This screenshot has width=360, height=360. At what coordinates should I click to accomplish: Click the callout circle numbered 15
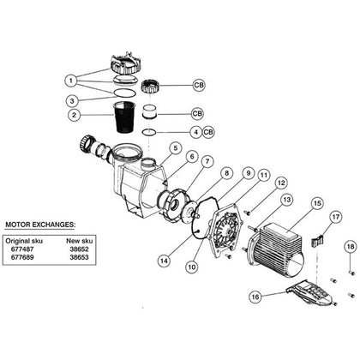(x=317, y=204)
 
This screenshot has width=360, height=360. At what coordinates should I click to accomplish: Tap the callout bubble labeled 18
(x=351, y=246)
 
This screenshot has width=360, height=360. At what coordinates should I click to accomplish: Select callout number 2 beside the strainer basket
(x=75, y=115)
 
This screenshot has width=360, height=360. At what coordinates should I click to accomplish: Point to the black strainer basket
(x=124, y=117)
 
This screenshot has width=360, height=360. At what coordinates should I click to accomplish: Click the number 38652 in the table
(x=80, y=249)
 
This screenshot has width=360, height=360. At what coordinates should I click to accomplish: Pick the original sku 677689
(x=22, y=257)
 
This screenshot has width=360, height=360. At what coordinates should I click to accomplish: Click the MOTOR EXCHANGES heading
(x=40, y=225)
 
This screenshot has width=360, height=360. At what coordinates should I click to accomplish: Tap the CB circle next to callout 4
(x=208, y=132)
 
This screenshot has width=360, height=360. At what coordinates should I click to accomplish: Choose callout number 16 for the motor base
(x=255, y=297)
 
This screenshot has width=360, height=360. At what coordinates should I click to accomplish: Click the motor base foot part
(x=311, y=292)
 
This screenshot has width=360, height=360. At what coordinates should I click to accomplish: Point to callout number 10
(x=192, y=267)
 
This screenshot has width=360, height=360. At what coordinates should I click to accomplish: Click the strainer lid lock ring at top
(x=123, y=66)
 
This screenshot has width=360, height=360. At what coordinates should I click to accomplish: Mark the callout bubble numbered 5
(x=175, y=148)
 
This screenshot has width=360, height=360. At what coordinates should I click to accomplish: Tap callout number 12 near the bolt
(x=281, y=183)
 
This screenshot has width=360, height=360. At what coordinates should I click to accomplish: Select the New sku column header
(x=80, y=241)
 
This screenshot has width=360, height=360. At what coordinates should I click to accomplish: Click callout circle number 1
(x=71, y=81)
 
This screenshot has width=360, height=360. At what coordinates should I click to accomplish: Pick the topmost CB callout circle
(x=199, y=85)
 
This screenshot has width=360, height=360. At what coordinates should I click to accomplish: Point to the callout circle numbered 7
(x=207, y=162)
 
